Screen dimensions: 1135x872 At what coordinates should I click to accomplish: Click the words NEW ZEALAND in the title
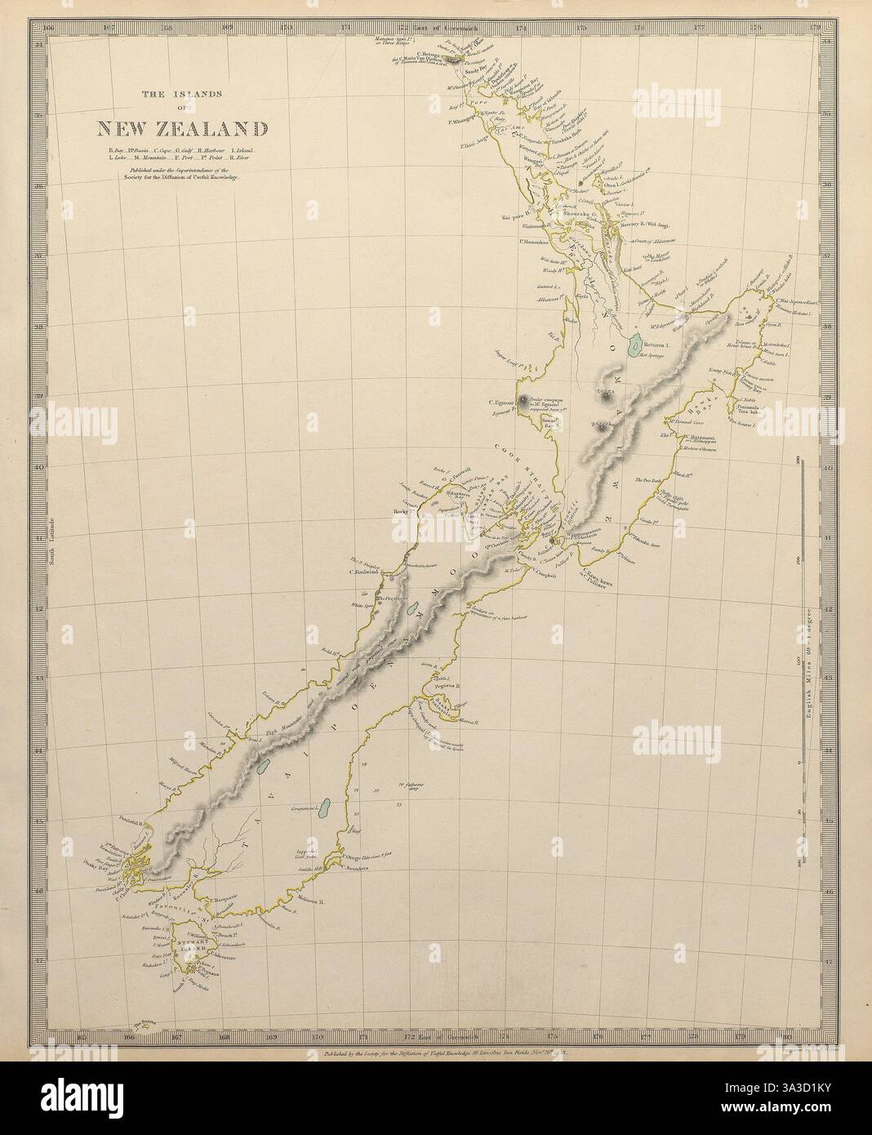click(x=182, y=129)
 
